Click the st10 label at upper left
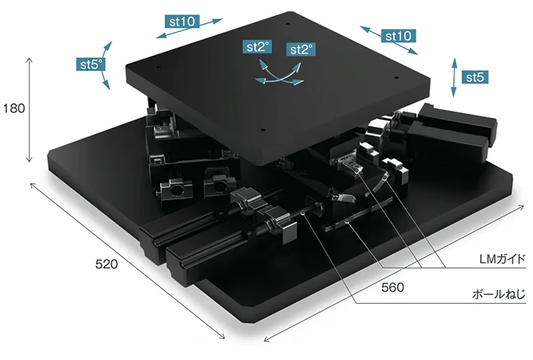pyautogui.click(x=182, y=22)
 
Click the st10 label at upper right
pyautogui.click(x=398, y=36)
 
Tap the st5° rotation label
pyautogui.click(x=91, y=64)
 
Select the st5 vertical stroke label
pyautogui.click(x=475, y=77)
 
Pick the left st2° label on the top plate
pyautogui.click(x=258, y=47)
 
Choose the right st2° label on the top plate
pyautogui.click(x=301, y=49)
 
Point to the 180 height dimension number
pyautogui.click(x=14, y=109)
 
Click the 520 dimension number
pyautogui.click(x=107, y=264)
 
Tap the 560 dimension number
pyautogui.click(x=393, y=287)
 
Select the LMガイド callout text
pyautogui.click(x=503, y=259)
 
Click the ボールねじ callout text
pyautogui.click(x=498, y=294)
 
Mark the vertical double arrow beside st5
pyautogui.click(x=454, y=77)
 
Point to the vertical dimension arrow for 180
pyautogui.click(x=30, y=109)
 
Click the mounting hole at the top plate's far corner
pyautogui.click(x=287, y=24)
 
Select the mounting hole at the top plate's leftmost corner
pyautogui.click(x=158, y=67)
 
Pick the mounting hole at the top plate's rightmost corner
pyautogui.click(x=395, y=78)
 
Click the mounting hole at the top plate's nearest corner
pyautogui.click(x=263, y=130)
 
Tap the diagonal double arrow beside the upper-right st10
pyautogui.click(x=389, y=40)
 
